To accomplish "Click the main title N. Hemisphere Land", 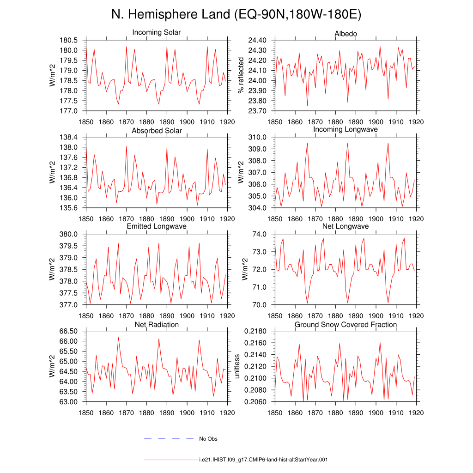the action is (x=171, y=14).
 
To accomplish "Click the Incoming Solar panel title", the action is (x=156, y=32).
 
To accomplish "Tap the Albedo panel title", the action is (x=346, y=33).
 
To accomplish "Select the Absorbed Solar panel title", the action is (x=157, y=131).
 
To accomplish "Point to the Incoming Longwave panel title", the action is (x=346, y=129).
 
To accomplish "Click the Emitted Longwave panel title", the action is (x=157, y=226).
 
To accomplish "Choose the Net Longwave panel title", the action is (x=346, y=226).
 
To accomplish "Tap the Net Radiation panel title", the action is (x=157, y=325).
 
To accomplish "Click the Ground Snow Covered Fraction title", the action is (x=346, y=325).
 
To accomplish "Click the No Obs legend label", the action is (x=208, y=439).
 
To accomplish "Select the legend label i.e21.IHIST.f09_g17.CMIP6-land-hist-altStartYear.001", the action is (x=263, y=460).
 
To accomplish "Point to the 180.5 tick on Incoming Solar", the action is (x=68, y=40).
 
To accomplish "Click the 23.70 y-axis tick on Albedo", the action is (x=257, y=111).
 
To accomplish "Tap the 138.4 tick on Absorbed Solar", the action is (x=68, y=137).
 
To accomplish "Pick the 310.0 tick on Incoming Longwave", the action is (x=257, y=137).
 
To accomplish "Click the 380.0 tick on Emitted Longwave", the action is (x=68, y=234).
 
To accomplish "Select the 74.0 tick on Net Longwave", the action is (x=260, y=234).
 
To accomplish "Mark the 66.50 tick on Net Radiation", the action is (x=68, y=331).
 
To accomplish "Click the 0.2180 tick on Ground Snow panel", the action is (x=255, y=331).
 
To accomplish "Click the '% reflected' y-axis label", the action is (x=240, y=75).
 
